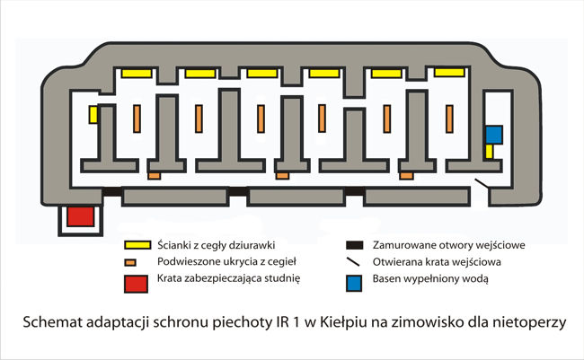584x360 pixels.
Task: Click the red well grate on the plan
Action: (x=81, y=216)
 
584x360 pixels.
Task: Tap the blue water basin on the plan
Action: (x=494, y=135)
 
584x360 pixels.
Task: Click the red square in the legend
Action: (x=136, y=284)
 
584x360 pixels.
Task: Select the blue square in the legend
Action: (x=354, y=284)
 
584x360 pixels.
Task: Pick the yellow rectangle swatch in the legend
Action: (x=137, y=245)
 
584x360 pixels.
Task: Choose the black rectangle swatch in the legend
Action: (x=355, y=245)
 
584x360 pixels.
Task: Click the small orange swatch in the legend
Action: (x=130, y=262)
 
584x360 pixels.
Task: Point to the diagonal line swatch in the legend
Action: (x=353, y=262)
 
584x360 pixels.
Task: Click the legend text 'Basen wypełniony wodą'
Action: (x=430, y=279)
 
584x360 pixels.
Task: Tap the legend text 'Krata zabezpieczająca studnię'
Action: (x=228, y=278)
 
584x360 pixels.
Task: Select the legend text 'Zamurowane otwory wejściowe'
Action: (x=449, y=245)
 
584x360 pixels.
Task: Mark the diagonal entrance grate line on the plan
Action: (x=482, y=183)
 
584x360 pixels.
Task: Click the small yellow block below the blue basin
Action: (x=489, y=152)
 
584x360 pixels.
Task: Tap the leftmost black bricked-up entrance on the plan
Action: (x=111, y=191)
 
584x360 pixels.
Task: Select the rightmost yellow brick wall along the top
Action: (x=449, y=72)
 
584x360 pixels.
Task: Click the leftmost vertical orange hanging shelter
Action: (x=137, y=119)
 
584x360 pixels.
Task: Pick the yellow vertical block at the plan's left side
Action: (x=93, y=115)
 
